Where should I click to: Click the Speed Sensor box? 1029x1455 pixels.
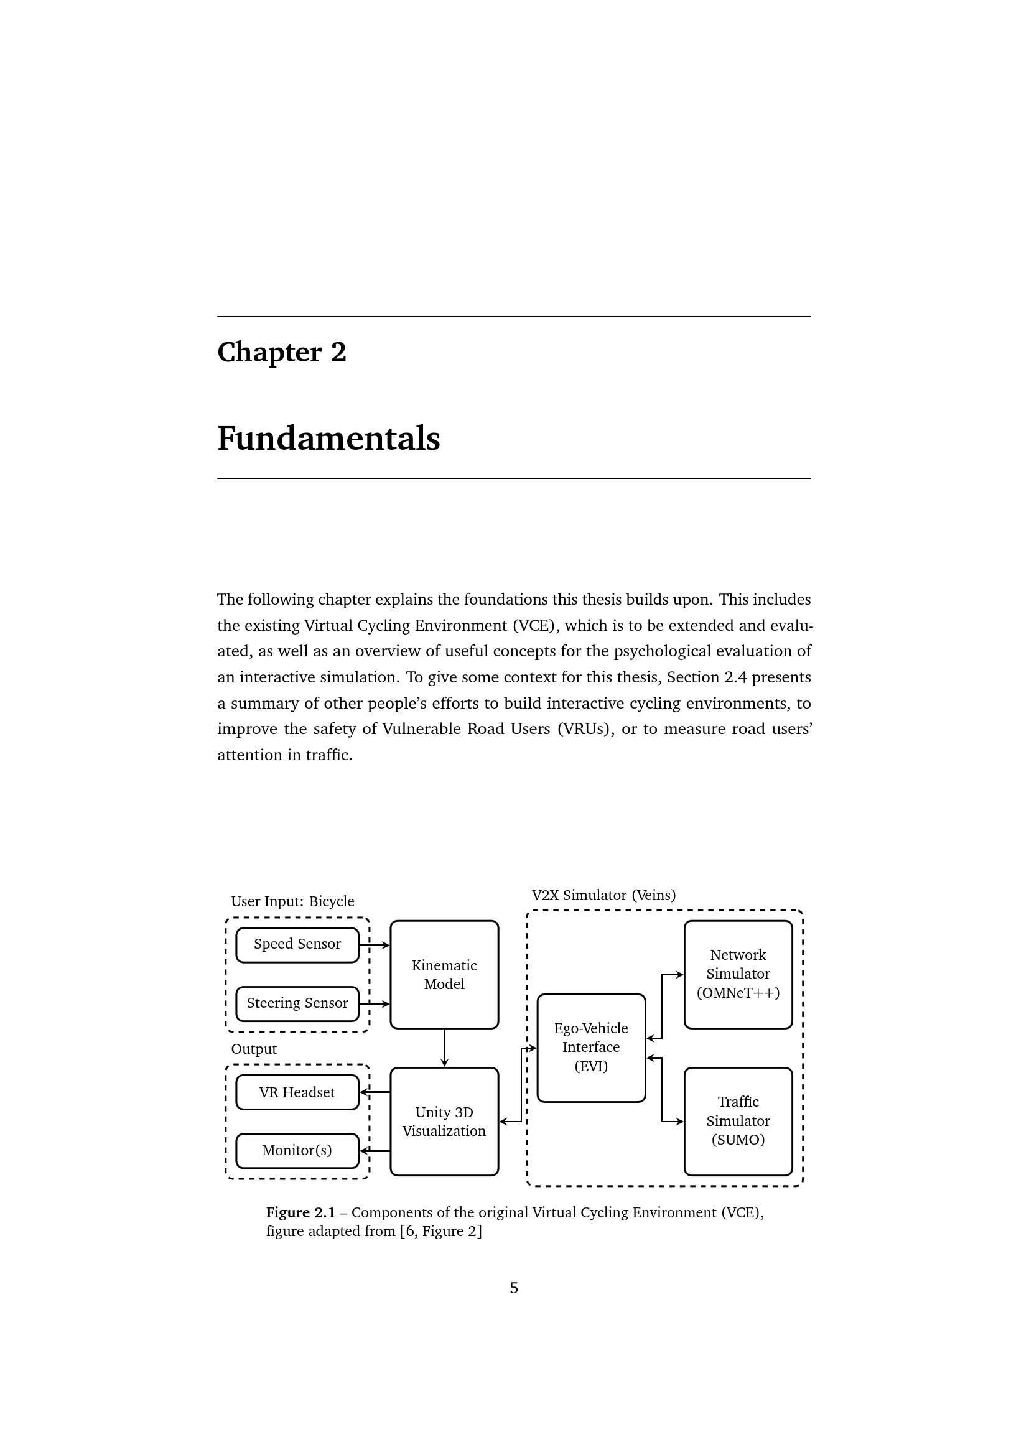point(297,945)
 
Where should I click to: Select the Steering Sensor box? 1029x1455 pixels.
point(297,1004)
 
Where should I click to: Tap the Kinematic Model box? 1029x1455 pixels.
point(444,975)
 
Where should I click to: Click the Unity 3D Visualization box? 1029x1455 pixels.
point(444,1122)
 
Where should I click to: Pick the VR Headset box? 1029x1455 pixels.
point(297,1092)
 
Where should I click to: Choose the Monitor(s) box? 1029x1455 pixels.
point(297,1150)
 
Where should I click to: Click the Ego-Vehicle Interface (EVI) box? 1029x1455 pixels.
point(591,1048)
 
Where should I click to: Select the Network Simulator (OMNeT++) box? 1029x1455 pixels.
point(738,975)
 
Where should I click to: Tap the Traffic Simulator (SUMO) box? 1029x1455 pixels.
point(738,1122)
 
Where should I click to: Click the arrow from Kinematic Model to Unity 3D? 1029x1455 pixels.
point(444,1048)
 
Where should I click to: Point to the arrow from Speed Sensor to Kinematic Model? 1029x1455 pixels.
point(375,946)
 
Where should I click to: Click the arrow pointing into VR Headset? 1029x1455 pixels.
point(375,1092)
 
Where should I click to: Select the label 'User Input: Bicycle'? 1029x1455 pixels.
point(292,901)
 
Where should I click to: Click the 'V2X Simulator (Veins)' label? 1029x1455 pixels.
point(603,895)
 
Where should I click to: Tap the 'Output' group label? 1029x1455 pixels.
point(253,1049)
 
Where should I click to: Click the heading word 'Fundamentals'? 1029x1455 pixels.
point(328,439)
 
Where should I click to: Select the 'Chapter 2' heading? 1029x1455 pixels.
point(282,352)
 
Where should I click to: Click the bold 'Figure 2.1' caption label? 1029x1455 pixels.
point(300,1212)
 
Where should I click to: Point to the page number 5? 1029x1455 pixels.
point(514,1288)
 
